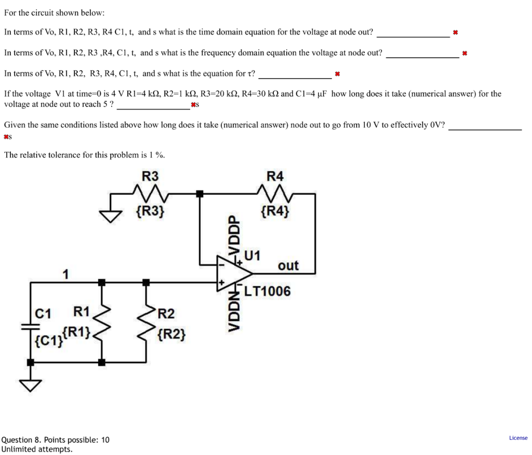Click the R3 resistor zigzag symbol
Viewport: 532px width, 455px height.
coord(151,193)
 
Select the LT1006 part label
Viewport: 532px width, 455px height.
coord(268,291)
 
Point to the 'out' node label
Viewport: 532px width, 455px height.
coord(288,266)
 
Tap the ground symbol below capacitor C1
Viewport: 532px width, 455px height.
coord(31,385)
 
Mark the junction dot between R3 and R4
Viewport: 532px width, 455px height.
coord(200,194)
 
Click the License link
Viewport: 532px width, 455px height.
coord(518,438)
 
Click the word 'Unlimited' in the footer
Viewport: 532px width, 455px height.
coord(19,449)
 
